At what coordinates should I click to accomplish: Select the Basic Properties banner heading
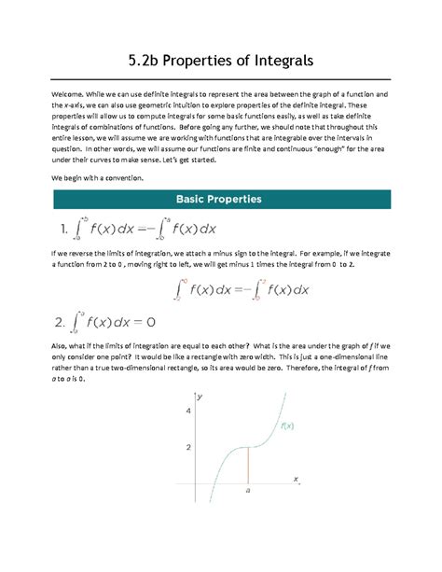coord(221,199)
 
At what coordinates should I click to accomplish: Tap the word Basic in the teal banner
coord(190,199)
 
